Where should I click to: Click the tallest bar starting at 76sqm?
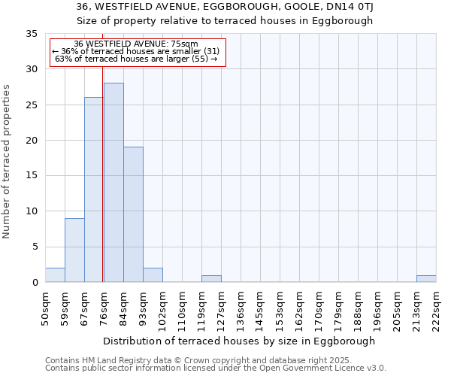114,183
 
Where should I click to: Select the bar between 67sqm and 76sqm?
93,190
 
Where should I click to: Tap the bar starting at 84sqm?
133,214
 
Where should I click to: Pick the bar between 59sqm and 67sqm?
74,250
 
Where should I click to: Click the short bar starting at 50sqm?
55,275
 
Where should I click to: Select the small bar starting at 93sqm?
153,275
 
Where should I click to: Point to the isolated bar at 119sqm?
211,279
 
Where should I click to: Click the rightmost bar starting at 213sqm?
426,279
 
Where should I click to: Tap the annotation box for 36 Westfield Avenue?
138,52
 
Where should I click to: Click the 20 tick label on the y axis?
32,141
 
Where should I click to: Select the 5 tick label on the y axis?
35,247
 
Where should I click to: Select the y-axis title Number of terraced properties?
7,162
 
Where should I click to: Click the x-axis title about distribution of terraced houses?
238,341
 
